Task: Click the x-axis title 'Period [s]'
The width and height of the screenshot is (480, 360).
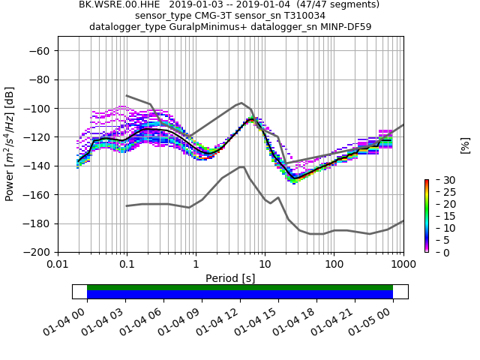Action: (x=230, y=278)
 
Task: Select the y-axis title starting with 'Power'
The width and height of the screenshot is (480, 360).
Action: (x=10, y=144)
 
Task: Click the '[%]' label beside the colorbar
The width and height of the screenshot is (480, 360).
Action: (x=465, y=145)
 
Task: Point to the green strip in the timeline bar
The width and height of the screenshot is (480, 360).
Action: (x=240, y=287)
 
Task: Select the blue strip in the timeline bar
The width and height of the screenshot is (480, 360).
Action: (x=240, y=295)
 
